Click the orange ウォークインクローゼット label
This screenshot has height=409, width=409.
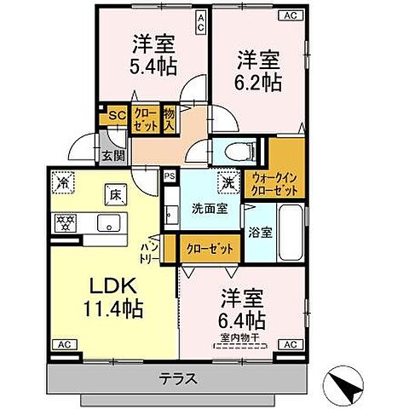click(x=274, y=185)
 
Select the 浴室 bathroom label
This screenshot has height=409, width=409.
click(x=261, y=231)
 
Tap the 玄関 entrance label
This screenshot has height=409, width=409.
click(x=114, y=156)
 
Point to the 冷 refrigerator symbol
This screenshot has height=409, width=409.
click(x=63, y=181)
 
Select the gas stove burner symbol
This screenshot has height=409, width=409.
click(x=64, y=224)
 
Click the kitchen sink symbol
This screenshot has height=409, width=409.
click(x=110, y=223)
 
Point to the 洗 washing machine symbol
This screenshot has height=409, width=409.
click(x=228, y=181)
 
